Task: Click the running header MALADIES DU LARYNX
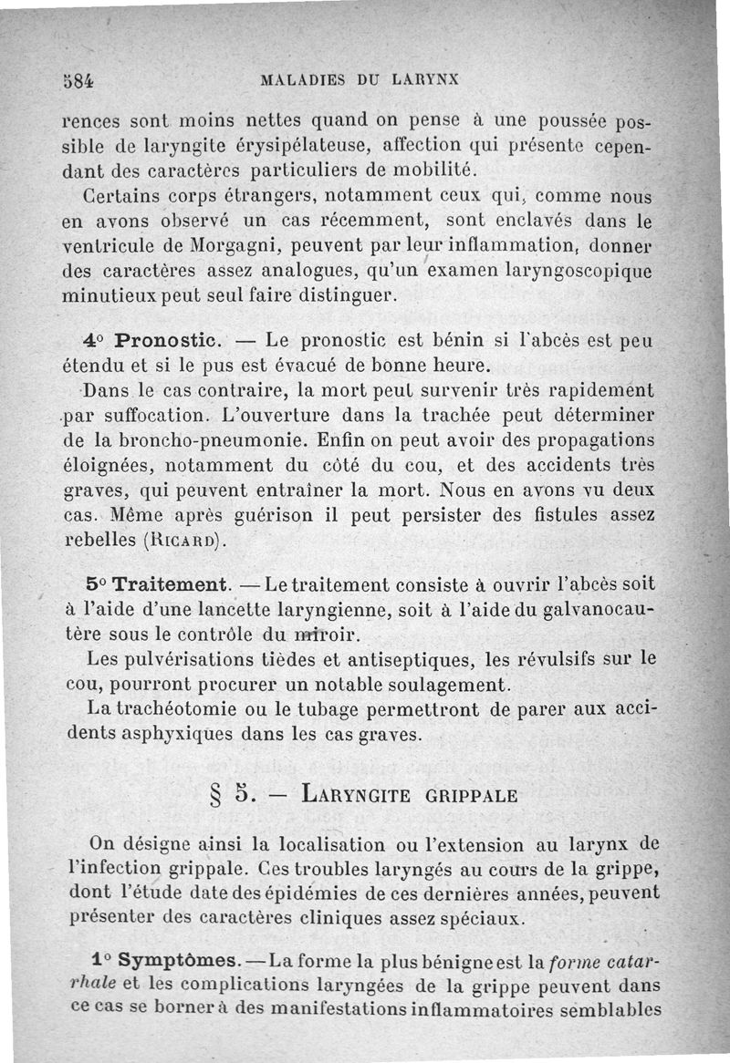[359, 78]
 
